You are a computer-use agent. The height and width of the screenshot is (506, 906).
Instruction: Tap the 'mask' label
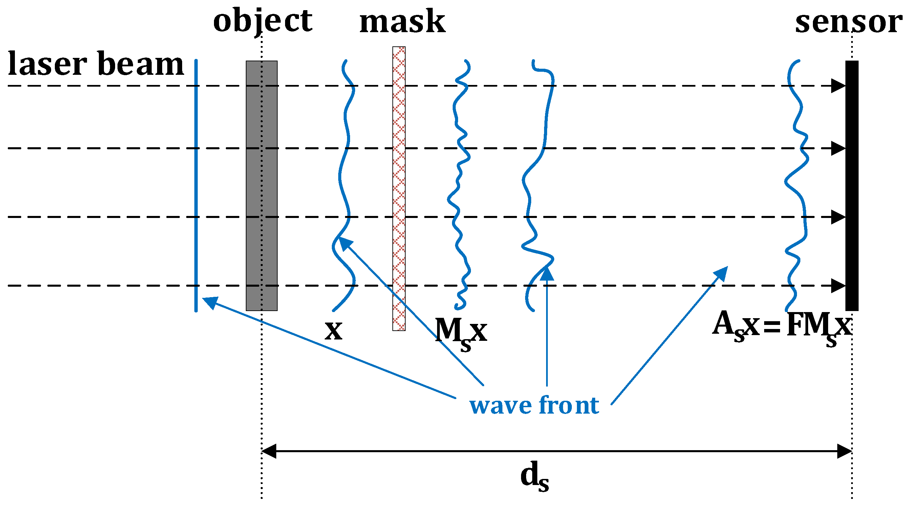402,22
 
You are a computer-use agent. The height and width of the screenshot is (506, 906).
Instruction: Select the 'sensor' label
848,22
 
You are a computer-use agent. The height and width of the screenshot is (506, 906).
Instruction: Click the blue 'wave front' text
534,405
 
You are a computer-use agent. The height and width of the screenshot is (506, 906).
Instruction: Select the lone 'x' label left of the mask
333,331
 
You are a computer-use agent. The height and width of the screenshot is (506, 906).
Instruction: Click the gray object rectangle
262,186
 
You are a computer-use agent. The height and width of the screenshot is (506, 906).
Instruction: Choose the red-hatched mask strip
399,189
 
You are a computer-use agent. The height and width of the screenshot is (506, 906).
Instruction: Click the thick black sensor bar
852,186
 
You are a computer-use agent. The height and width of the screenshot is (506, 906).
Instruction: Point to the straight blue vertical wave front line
196,186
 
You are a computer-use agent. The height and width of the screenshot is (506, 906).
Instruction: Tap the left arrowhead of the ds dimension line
269,451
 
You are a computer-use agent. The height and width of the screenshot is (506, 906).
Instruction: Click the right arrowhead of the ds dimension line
844,451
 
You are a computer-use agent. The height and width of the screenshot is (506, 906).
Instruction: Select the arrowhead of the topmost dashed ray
839,86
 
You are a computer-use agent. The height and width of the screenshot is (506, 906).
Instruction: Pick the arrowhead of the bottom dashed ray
839,286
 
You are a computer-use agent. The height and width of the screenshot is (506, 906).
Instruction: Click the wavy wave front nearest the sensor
796,186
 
